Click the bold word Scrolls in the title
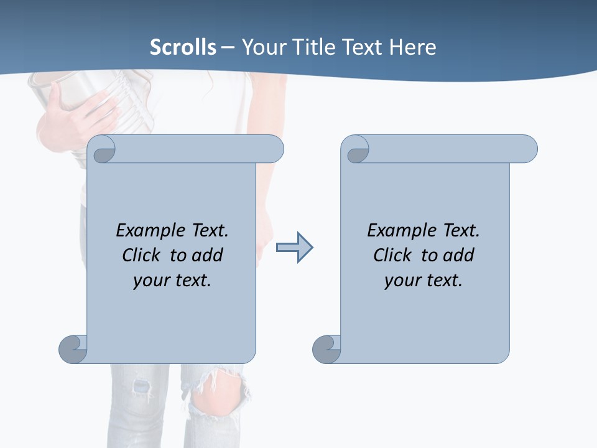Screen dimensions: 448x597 coord(183,47)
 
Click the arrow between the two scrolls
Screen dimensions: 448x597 coord(294,248)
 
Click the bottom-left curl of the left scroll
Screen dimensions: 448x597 coord(73,349)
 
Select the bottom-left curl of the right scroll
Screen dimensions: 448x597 coord(326,349)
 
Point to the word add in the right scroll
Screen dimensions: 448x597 coord(458,256)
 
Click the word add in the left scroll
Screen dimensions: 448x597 coord(207,256)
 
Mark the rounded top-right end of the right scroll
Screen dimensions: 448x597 coord(525,149)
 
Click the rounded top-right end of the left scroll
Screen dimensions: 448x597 coord(272,149)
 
